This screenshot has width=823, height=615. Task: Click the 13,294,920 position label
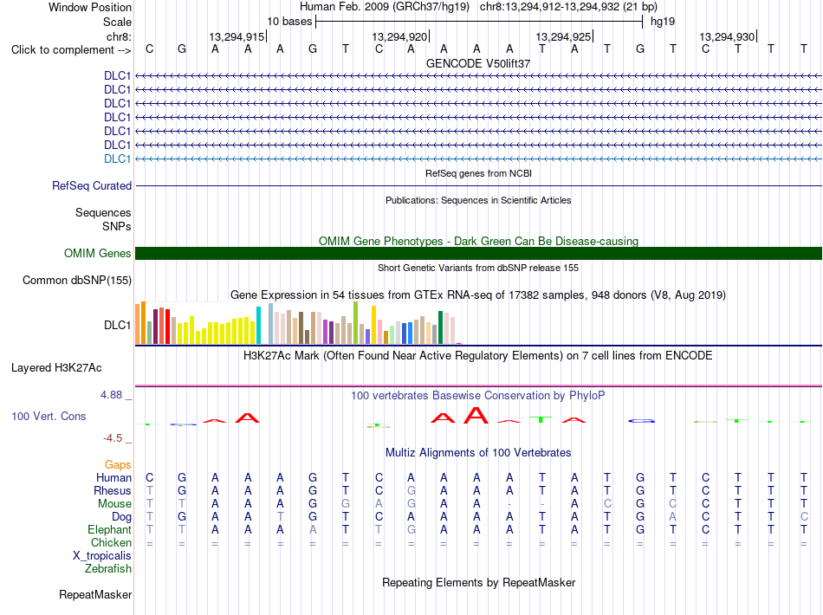[x=399, y=36]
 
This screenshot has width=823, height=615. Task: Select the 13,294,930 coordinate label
[x=727, y=36]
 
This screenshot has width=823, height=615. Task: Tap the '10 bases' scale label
[x=289, y=22]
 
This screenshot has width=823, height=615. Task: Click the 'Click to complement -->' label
[x=71, y=50]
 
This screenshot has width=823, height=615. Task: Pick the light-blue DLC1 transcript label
[x=117, y=159]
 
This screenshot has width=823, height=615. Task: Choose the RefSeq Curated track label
[x=92, y=185]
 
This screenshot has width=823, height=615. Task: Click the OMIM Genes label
[x=98, y=254]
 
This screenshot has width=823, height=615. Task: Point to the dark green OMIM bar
[x=478, y=254]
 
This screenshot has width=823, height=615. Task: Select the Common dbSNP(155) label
[x=77, y=280]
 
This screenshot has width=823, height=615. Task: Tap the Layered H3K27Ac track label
[x=56, y=368]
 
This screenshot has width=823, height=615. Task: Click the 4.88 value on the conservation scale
[x=111, y=395]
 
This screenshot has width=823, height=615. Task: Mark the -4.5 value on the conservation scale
[x=113, y=438]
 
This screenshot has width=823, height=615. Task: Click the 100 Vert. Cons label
[x=49, y=416]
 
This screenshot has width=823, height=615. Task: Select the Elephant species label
[x=110, y=529]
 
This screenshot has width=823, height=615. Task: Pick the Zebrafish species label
[x=108, y=569]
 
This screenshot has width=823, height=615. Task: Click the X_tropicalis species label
[x=102, y=556]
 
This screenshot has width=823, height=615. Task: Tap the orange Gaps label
[x=118, y=464]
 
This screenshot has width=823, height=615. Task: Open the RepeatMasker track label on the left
[x=95, y=594]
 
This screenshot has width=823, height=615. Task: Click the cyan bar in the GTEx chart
[x=258, y=326]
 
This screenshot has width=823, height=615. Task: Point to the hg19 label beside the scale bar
[x=663, y=22]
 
